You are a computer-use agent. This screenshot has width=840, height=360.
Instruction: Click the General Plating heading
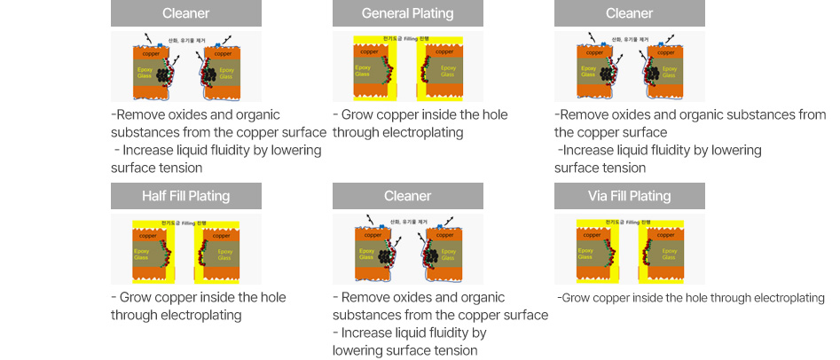tap(407, 13)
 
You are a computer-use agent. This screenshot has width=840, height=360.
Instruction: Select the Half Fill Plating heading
tap(185, 196)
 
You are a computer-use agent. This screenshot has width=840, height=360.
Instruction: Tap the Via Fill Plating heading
tap(629, 196)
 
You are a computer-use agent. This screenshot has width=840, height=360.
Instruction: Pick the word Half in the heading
tap(156, 196)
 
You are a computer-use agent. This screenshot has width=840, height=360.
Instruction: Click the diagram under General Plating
tap(407, 68)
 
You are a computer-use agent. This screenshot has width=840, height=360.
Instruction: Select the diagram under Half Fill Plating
tap(185, 251)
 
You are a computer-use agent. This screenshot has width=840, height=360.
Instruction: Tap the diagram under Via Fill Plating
tap(629, 251)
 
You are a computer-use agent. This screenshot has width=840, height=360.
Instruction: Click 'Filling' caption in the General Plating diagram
tap(408, 41)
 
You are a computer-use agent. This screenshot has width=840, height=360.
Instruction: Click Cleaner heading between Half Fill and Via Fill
tap(407, 196)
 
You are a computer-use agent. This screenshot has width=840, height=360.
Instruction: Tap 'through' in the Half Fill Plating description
tap(134, 315)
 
